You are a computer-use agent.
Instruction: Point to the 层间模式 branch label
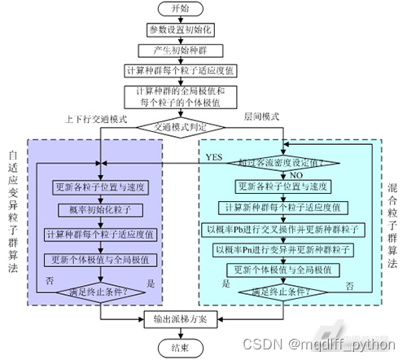[x=261, y=116]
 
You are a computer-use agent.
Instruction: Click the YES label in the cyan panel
[x=213, y=156]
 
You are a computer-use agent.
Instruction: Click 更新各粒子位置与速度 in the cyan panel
[x=283, y=185]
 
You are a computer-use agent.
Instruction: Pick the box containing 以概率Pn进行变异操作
[x=283, y=249]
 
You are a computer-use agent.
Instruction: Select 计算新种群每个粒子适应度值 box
[x=283, y=206]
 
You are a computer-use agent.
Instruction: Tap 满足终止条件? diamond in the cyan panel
[x=283, y=291]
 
